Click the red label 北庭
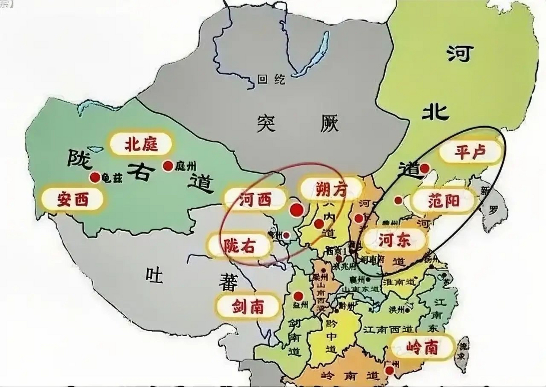click(141, 144)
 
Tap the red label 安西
click(73, 199)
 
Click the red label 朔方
click(331, 189)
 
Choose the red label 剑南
click(248, 307)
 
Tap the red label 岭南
click(422, 348)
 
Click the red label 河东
click(394, 240)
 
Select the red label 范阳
click(443, 201)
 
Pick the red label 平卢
click(470, 151)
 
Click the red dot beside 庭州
click(168, 166)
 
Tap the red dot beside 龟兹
click(95, 177)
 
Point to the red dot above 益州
click(298, 295)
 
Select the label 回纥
click(271, 79)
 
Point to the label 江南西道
click(388, 329)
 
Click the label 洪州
click(397, 310)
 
